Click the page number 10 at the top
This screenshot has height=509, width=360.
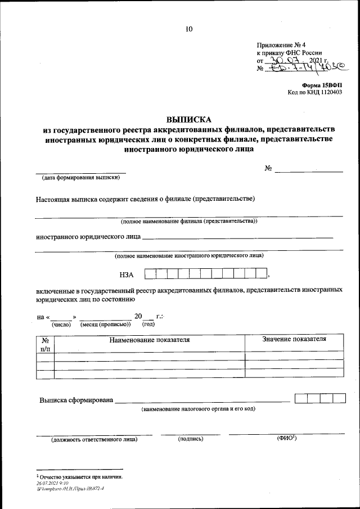coord(188,29)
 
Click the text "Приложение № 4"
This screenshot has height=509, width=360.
coord(281,45)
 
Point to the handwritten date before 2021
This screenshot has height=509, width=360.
coord(285,61)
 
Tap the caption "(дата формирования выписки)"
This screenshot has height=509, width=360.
coord(80,178)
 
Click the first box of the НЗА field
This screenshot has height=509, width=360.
coord(150,274)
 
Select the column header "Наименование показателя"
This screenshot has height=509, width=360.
coord(149,340)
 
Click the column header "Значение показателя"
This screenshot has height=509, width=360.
coord(294,340)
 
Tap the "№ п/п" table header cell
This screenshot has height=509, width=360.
coord(45,344)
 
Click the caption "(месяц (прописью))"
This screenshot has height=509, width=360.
coord(105,325)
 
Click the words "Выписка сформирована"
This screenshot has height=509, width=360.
coord(76,400)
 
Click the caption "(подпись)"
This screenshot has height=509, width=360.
coord(190,439)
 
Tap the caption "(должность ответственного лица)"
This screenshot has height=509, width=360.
coord(94,439)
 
